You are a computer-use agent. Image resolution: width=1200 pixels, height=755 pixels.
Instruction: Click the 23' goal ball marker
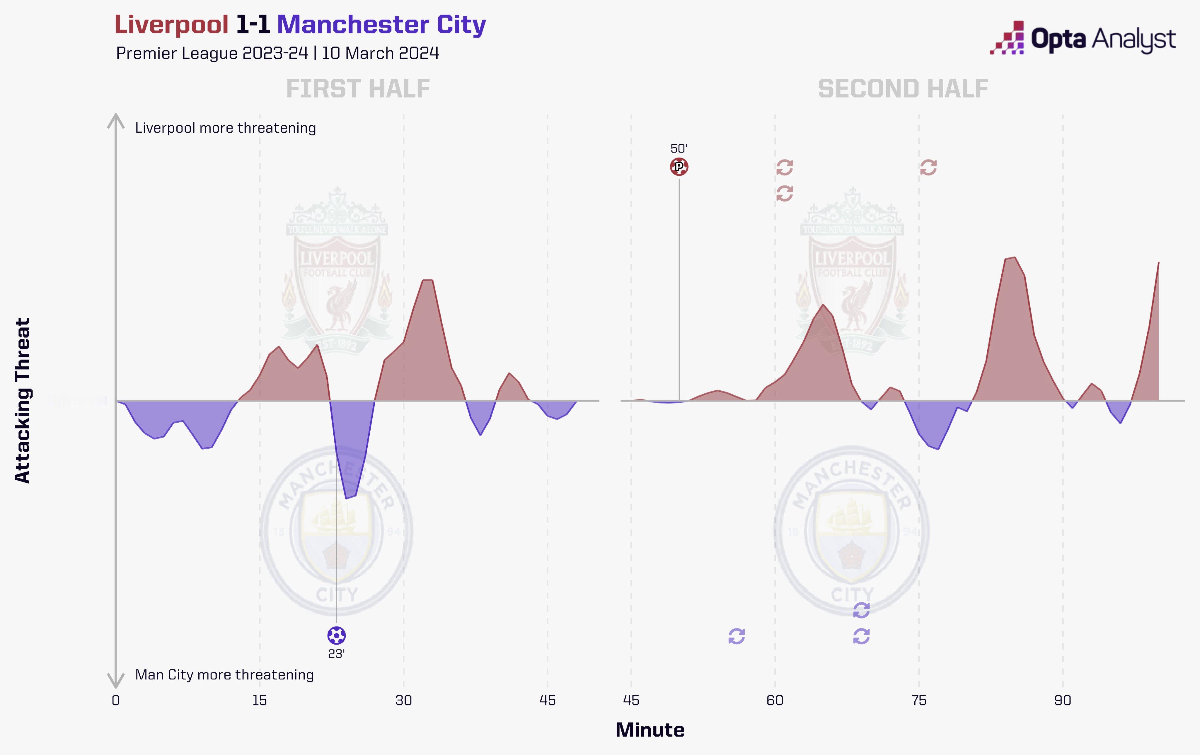336,636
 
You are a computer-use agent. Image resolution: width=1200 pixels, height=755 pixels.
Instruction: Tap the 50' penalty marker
679,167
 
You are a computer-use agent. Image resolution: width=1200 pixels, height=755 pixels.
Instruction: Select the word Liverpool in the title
171,25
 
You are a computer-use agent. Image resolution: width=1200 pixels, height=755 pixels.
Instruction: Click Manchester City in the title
381,25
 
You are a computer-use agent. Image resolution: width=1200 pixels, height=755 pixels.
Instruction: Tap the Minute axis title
650,730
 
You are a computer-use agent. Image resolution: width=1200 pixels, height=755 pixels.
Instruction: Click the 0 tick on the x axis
116,701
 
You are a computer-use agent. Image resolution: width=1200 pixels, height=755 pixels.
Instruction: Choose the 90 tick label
1063,701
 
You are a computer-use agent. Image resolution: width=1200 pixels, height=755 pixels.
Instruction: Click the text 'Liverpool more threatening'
225,128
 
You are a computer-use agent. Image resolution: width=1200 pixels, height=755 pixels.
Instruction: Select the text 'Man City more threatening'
224,675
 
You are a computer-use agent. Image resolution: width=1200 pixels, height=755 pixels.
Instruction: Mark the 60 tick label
775,701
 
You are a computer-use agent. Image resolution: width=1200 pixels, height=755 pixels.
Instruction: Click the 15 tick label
259,701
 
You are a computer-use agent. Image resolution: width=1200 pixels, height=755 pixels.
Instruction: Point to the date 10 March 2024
380,53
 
